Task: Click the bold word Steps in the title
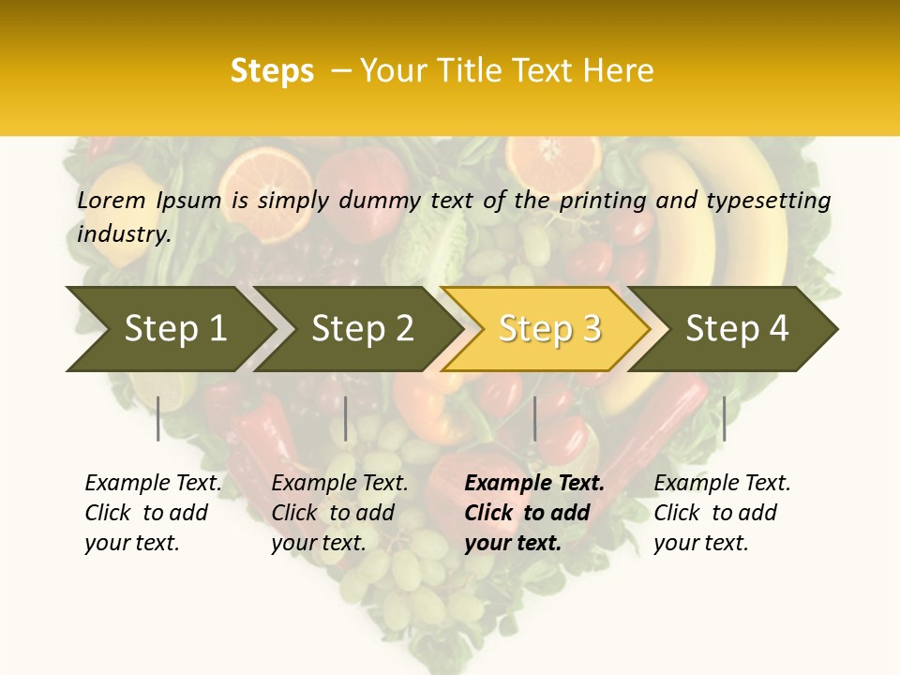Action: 272,71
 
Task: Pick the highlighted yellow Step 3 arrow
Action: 549,329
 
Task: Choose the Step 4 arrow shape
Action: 737,329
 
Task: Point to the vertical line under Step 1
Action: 158,418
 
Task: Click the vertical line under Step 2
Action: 346,418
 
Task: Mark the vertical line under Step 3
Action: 534,418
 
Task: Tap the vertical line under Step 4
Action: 724,418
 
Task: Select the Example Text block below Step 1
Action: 152,513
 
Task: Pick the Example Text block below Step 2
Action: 338,513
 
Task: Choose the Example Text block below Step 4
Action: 721,513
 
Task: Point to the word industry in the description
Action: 123,234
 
